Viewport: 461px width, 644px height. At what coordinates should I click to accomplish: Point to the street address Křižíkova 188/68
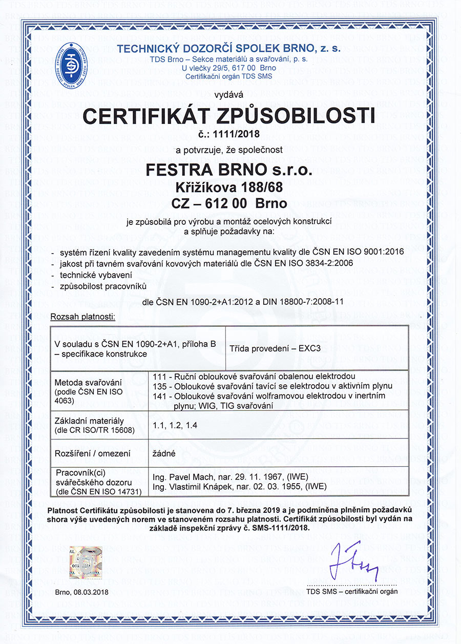(x=229, y=186)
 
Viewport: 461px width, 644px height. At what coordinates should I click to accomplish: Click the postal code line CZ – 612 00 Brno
(x=229, y=203)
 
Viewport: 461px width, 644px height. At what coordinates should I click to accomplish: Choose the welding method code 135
(x=159, y=386)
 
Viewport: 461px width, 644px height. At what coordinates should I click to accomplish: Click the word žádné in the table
(x=165, y=453)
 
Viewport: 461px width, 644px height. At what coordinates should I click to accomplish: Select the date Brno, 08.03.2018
(x=82, y=592)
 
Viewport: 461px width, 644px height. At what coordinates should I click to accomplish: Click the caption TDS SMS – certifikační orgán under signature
(x=352, y=591)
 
